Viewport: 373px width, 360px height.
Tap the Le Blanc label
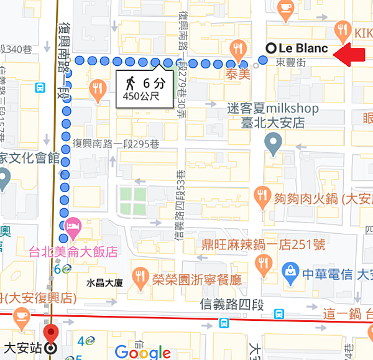(x=303, y=48)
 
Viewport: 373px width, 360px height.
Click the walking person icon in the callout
(x=131, y=83)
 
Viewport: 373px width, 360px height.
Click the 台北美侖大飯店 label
(x=73, y=252)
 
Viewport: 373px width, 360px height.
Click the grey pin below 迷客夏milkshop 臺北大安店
(x=272, y=145)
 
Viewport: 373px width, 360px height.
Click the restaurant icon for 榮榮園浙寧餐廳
(x=138, y=274)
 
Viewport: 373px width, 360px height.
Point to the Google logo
(x=143, y=352)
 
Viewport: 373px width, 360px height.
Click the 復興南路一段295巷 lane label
(x=116, y=142)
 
